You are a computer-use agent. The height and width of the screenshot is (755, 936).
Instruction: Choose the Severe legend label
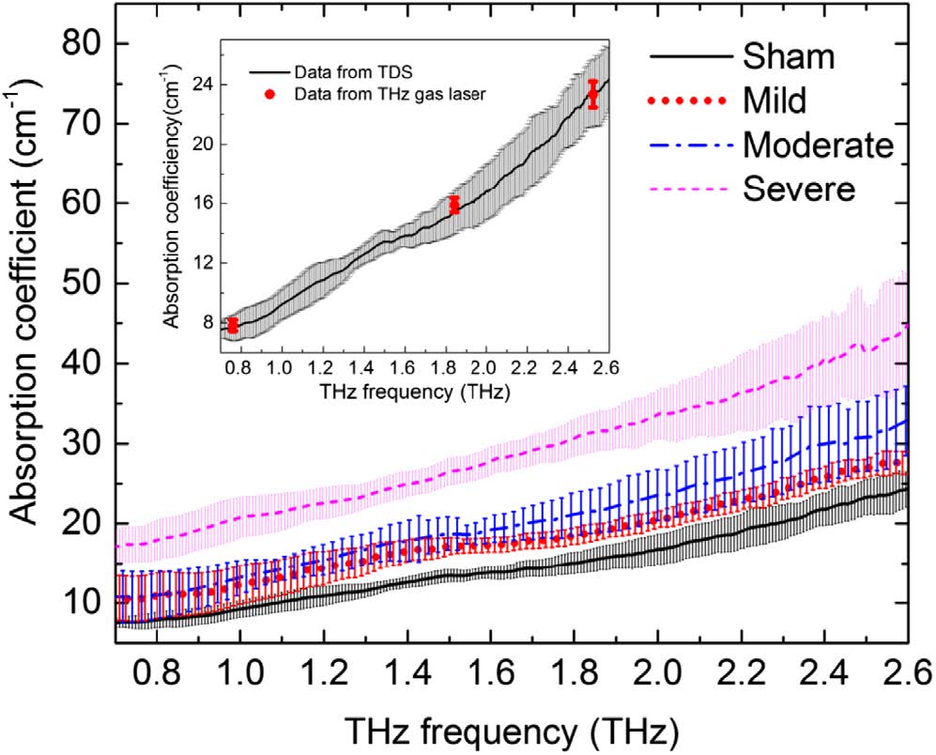click(799, 189)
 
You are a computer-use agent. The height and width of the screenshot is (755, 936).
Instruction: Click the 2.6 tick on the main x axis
click(906, 673)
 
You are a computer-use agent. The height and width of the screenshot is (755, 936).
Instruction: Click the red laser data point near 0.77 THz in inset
click(233, 326)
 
